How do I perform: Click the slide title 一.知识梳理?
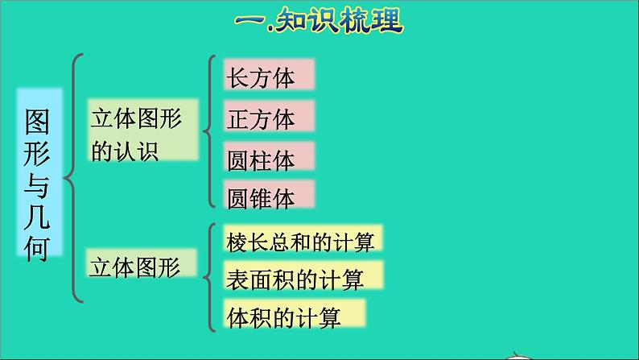point(319,22)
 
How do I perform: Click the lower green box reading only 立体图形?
point(133,263)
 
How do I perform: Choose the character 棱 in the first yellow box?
point(239,239)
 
